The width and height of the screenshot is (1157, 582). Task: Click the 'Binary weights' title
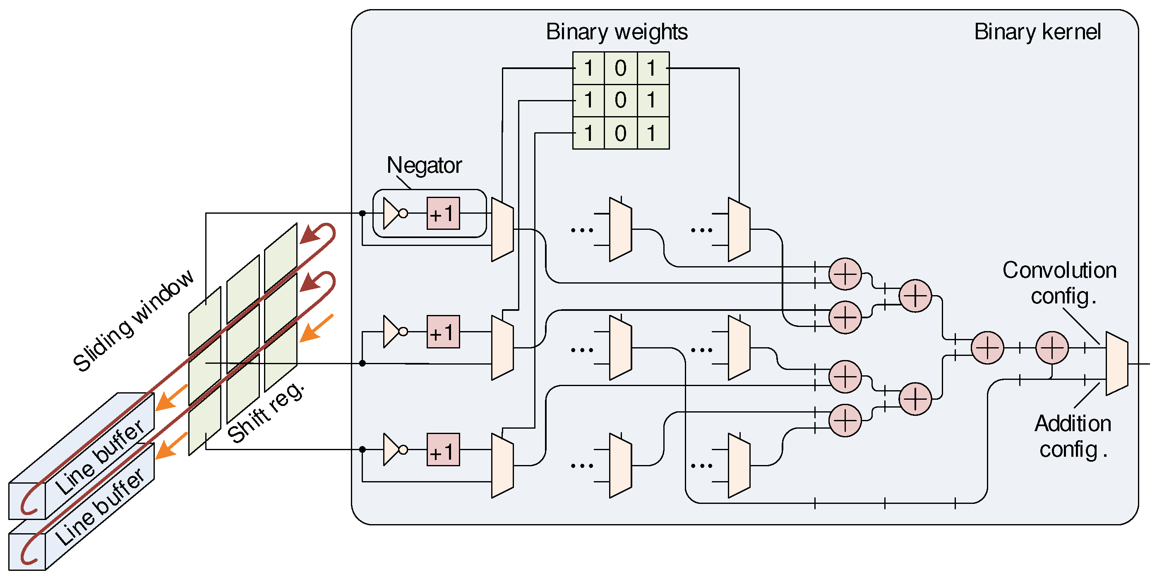616,32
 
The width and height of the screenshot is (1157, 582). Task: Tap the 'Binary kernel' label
1037,32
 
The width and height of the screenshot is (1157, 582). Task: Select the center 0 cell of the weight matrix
620,100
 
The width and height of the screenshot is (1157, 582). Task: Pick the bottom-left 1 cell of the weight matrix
588,133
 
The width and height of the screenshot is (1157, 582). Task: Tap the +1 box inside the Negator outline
443,214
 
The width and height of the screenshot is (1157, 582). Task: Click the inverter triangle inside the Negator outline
391,214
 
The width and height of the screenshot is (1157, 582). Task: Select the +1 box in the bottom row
443,450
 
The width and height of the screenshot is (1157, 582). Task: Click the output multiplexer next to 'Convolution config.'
1116,363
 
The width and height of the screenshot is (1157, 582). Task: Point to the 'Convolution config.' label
1059,283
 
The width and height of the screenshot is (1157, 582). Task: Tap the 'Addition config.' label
1073,436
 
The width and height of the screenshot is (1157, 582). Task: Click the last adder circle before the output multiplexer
1052,348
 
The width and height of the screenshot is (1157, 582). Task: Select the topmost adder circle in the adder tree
845,274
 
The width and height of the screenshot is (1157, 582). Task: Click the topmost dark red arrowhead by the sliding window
310,234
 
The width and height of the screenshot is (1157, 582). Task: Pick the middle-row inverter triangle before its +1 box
391,332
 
